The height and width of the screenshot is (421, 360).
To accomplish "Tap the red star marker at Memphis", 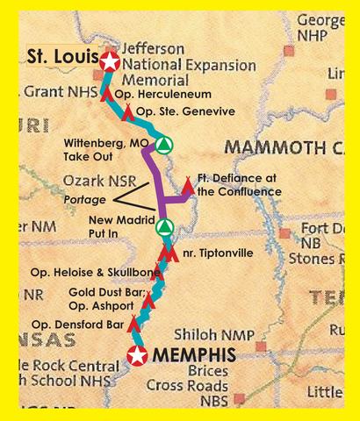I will (x=138, y=355).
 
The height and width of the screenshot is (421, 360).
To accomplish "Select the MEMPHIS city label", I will (x=196, y=355).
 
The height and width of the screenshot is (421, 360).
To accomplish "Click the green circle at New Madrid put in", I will (x=162, y=228).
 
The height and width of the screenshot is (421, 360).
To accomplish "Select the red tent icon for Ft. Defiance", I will (x=187, y=185).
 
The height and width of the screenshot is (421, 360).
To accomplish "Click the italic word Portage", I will (x=84, y=200).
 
